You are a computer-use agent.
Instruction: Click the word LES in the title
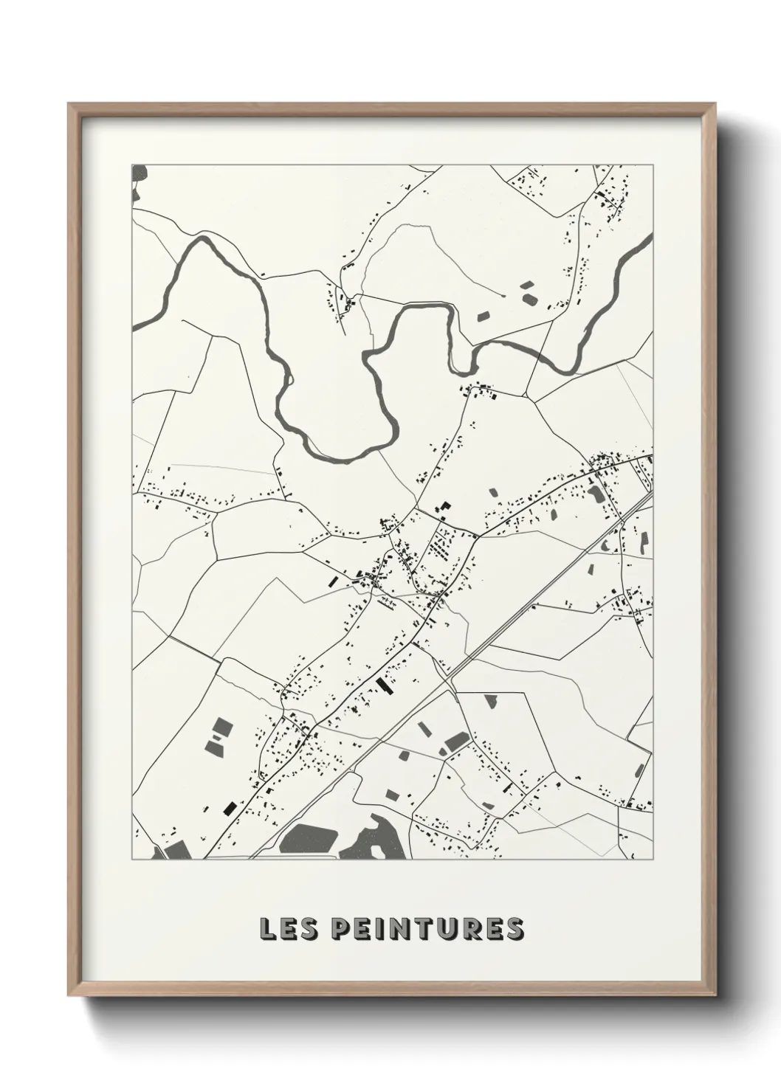(289, 929)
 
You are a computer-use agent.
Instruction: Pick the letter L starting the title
(267, 929)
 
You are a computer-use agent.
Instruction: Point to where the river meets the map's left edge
(134, 325)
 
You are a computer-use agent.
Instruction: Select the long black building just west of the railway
(382, 685)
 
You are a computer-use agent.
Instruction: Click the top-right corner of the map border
(653, 165)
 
